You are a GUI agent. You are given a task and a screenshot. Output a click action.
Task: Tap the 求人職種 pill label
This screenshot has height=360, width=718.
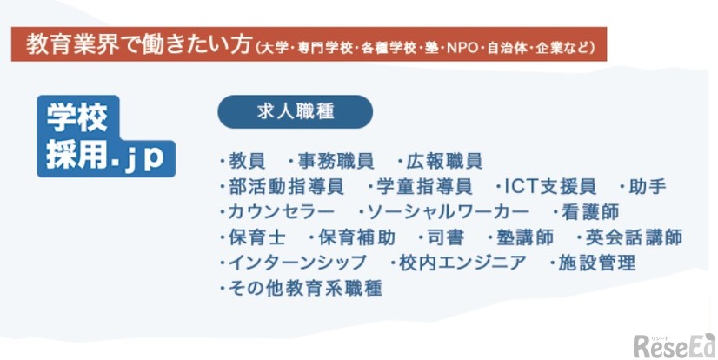tap(295, 112)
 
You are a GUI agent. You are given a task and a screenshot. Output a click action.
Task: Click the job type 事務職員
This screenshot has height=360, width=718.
tap(336, 162)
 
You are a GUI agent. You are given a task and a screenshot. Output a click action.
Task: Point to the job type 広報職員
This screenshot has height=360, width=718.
tap(443, 162)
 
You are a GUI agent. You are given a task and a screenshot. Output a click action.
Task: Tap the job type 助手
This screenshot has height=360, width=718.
tap(648, 187)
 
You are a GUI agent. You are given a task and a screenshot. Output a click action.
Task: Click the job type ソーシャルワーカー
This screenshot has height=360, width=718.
tap(448, 212)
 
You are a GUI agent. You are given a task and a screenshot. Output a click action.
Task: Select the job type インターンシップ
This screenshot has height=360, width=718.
tap(296, 263)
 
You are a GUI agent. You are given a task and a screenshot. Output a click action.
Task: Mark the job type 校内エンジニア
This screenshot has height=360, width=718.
tap(462, 263)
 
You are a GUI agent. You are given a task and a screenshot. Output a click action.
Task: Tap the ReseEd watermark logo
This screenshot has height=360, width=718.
tap(674, 343)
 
